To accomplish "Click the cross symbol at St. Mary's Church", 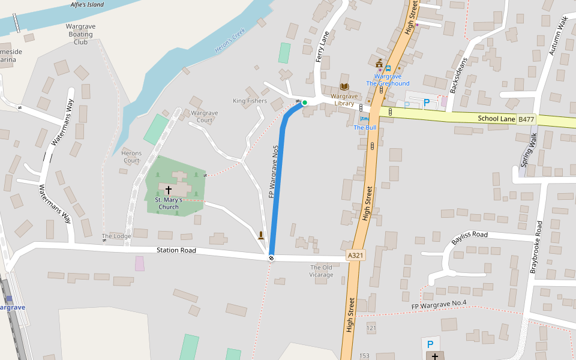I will coord(169,190).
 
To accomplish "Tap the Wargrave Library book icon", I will coord(344,87).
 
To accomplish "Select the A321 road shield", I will coord(356,256).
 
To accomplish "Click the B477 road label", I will coord(526,119).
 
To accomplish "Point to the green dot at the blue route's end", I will coord(305,103).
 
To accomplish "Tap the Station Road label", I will coord(176,250).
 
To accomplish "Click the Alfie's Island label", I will coord(87,5).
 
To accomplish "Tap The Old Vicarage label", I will coord(322,271).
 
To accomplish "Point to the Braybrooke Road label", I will coord(535,247).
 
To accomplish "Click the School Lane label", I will coord(497,119).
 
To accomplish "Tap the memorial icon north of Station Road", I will coord(261,236).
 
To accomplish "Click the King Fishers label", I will coord(250,101).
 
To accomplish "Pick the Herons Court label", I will coord(131,157).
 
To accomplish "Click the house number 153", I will coord(364,356).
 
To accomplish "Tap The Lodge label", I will coord(116,236).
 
